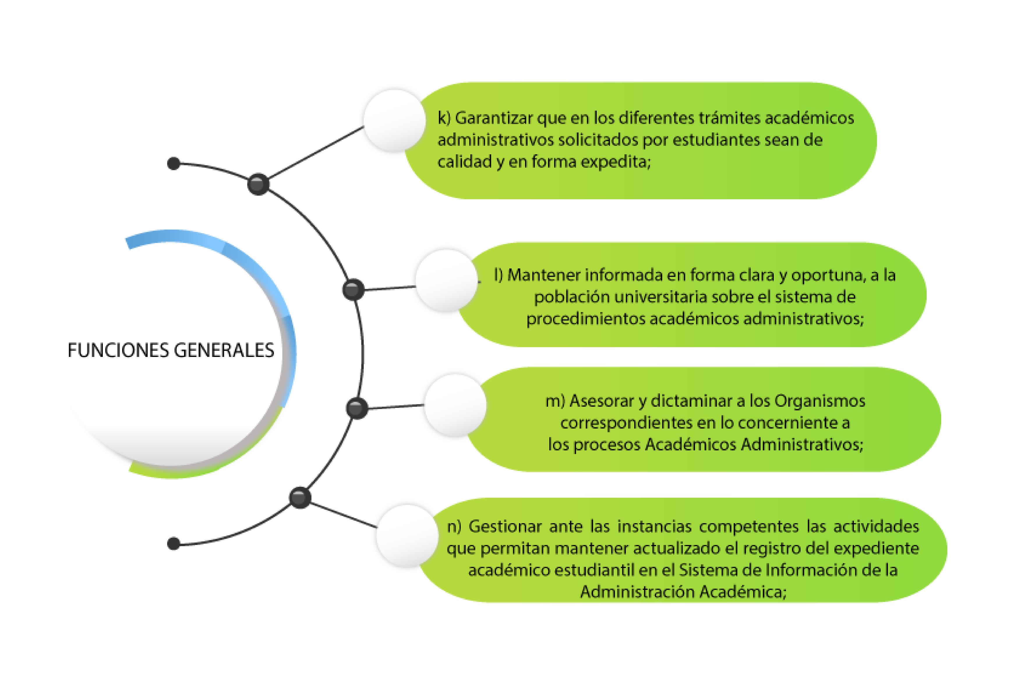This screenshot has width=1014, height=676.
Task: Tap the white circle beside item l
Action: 446,280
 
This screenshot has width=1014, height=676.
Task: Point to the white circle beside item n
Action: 407,536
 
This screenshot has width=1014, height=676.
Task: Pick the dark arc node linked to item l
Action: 353,289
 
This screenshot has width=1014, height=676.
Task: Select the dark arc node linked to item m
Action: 356,408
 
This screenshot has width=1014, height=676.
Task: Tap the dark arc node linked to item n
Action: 300,498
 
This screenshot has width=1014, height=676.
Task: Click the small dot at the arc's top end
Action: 174,163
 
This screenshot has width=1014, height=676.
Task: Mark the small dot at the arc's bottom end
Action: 174,544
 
